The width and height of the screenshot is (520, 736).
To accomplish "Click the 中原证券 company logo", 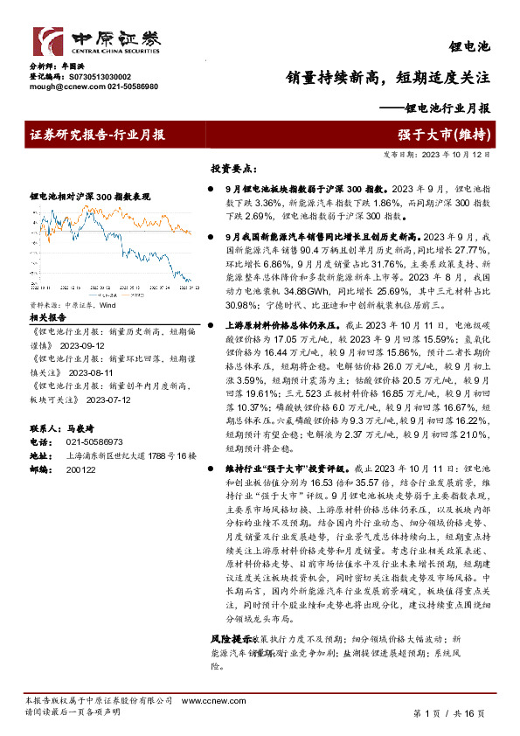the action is click(97, 42).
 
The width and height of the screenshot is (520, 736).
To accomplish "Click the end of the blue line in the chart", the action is click(191, 280).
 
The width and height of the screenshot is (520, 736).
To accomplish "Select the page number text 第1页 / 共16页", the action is click(447, 713).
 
